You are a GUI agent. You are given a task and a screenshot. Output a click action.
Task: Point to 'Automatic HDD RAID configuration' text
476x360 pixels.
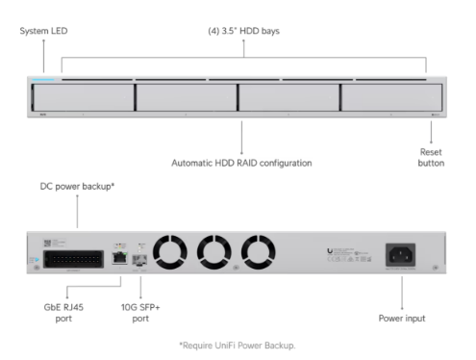pos(240,164)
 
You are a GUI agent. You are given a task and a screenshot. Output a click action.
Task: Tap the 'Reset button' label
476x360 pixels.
pos(429,157)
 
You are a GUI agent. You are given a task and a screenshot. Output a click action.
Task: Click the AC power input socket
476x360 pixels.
pos(400,255)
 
